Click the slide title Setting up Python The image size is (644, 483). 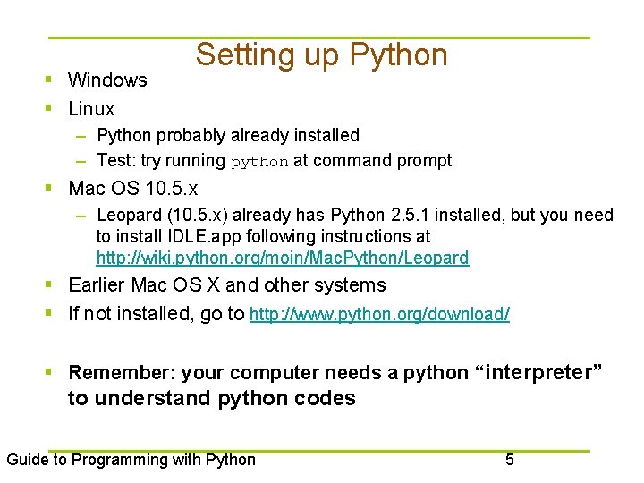321,55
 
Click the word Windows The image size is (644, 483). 107,80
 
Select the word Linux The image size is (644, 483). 91,109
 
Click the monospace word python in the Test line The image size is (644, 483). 259,162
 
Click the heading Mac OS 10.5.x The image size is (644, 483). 133,189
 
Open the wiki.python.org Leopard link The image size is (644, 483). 282,258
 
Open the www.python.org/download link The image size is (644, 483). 379,315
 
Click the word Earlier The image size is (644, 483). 97,285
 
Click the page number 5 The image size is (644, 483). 510,460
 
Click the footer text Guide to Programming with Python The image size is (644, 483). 131,460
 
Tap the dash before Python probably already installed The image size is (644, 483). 81,136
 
